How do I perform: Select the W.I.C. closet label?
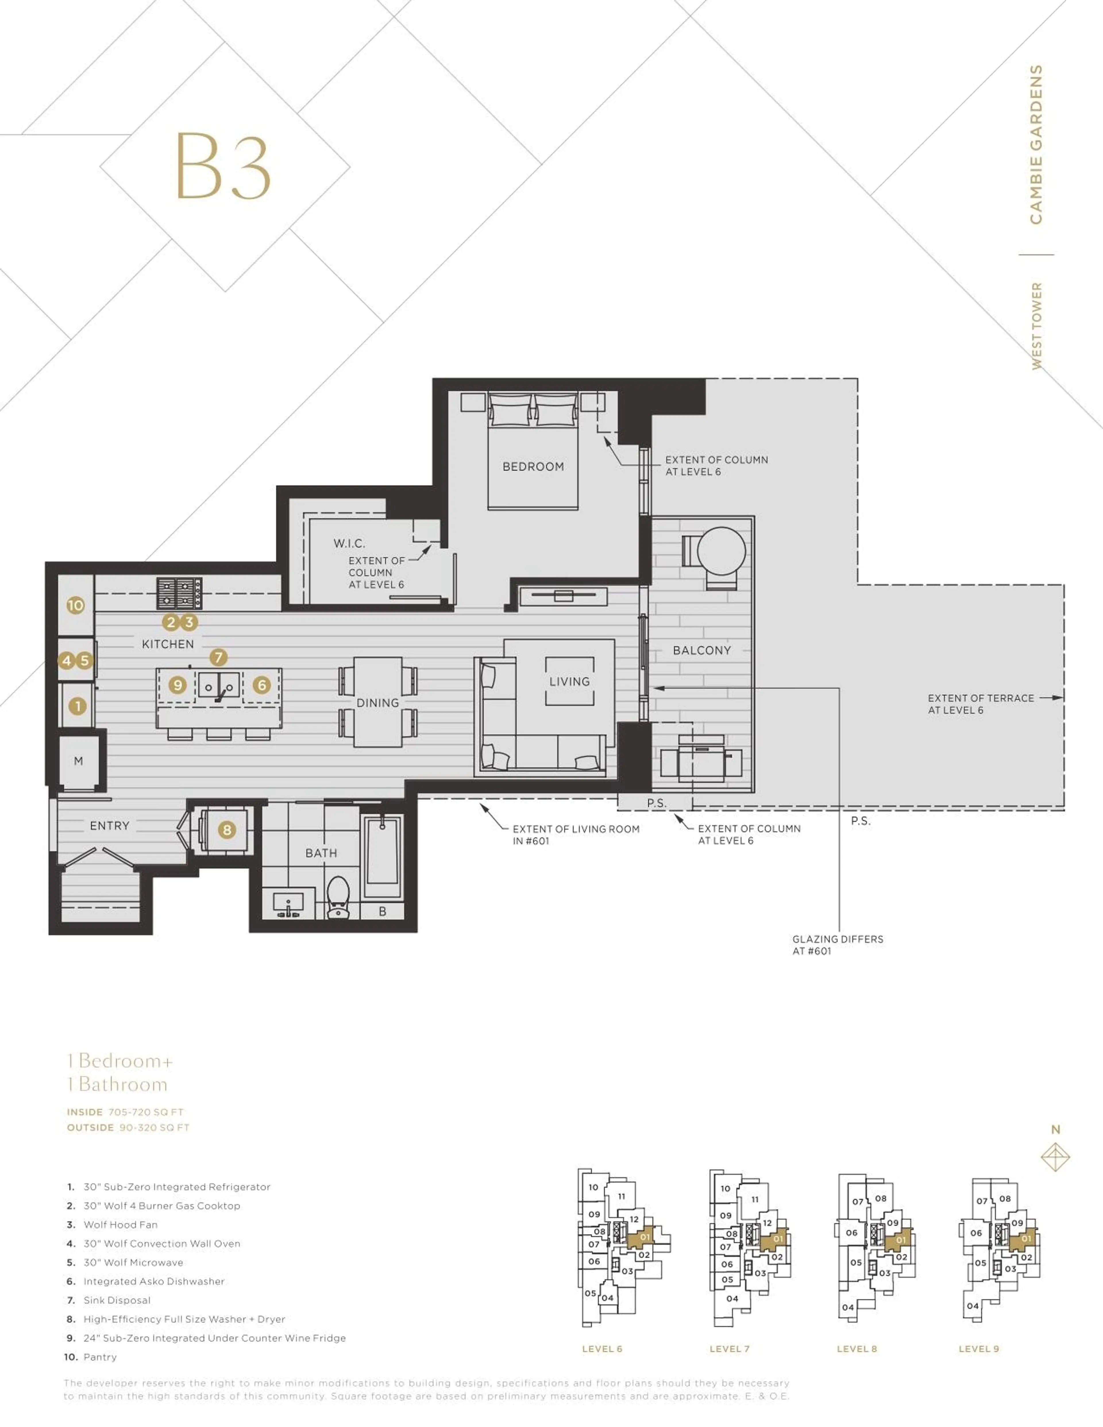point(349,543)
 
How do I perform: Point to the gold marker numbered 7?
point(218,657)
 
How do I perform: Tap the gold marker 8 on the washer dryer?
point(227,830)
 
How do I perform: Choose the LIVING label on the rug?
point(569,681)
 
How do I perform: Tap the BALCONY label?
point(702,650)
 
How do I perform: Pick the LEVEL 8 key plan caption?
point(857,1349)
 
